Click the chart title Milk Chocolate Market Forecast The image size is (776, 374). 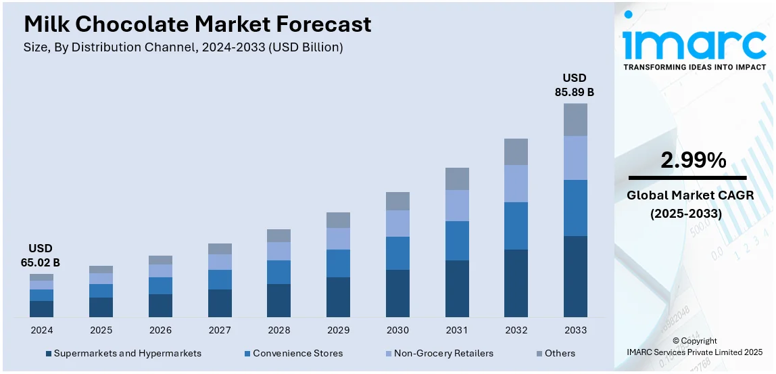click(197, 24)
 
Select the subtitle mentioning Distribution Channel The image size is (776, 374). click(183, 47)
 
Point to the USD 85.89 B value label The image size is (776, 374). click(575, 85)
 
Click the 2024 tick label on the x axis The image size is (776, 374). click(41, 330)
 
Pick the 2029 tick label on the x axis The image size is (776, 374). click(338, 330)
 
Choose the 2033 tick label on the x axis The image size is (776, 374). click(575, 330)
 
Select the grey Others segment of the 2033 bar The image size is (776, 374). click(575, 120)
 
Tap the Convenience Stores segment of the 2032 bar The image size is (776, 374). click(516, 225)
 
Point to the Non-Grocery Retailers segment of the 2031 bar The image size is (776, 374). click(457, 205)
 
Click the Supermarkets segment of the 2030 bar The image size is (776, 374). click(397, 293)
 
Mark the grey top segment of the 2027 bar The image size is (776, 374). click(220, 249)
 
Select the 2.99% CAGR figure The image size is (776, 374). click(693, 160)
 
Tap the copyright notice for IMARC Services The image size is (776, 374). click(694, 346)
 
